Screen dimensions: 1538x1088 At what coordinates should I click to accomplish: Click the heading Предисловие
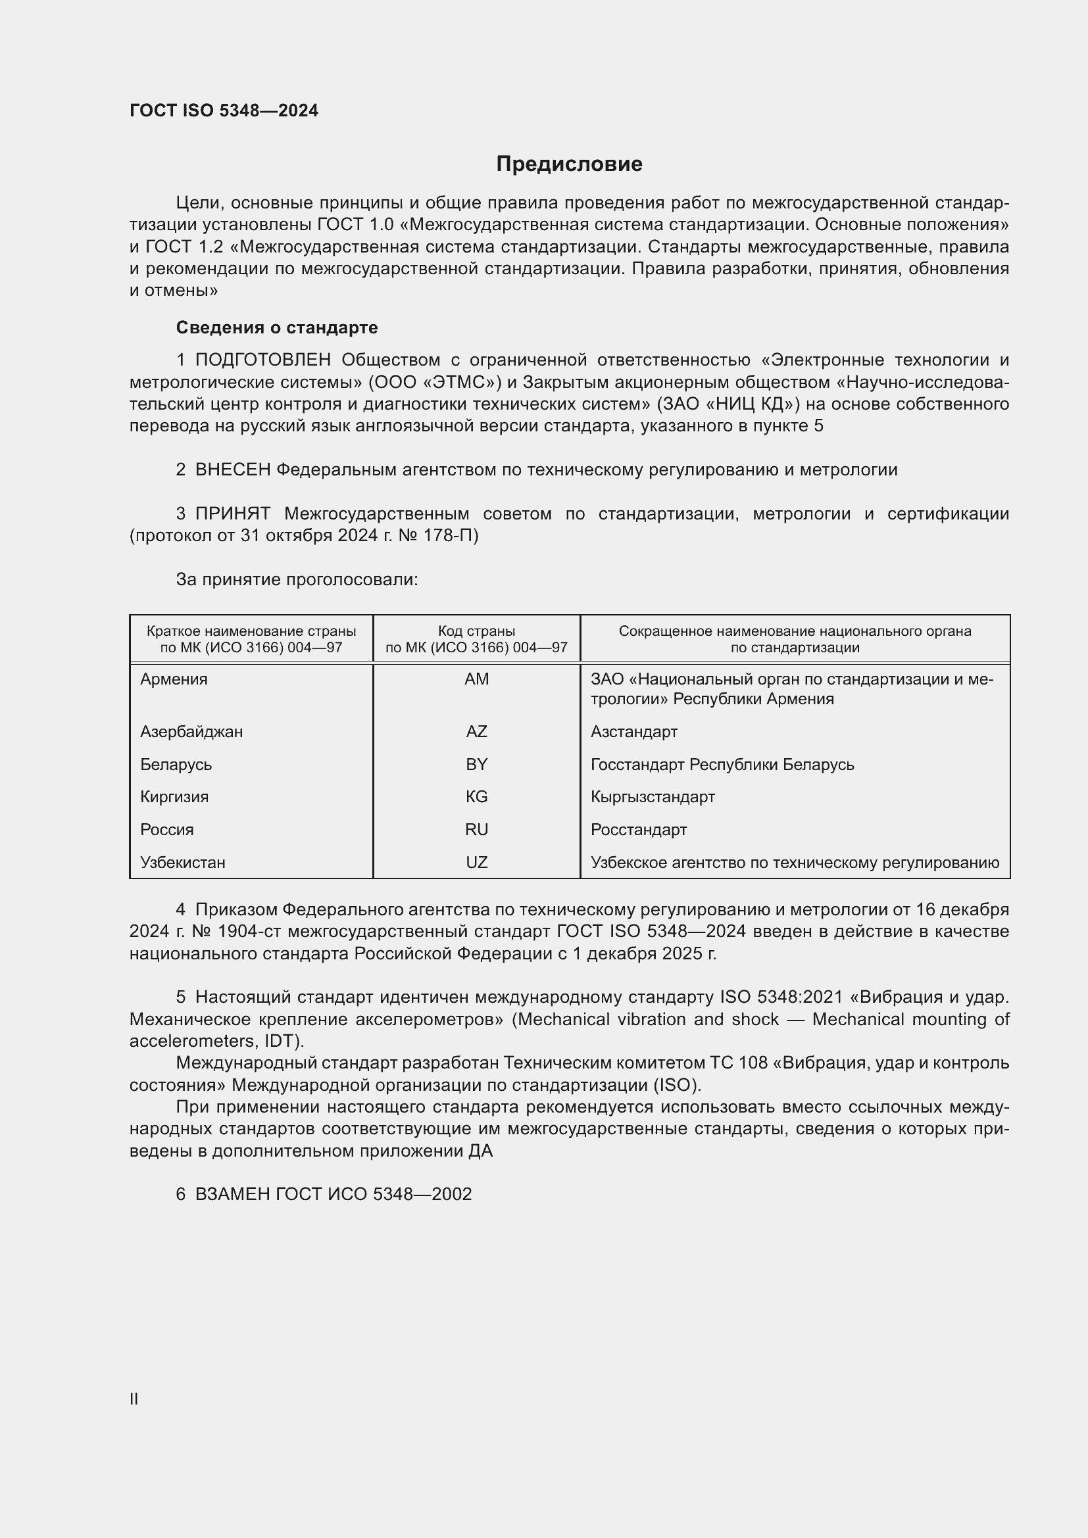(x=569, y=164)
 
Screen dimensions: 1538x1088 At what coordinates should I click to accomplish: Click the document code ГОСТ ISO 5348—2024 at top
(x=224, y=110)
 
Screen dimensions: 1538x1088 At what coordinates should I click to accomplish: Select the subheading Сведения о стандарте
(x=277, y=327)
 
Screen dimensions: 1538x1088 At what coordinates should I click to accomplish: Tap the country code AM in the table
(x=476, y=679)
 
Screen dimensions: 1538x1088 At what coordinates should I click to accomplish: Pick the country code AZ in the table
(x=476, y=731)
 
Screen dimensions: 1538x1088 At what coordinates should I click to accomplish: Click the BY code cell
(x=476, y=764)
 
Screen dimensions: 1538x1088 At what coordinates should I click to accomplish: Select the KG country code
(x=476, y=797)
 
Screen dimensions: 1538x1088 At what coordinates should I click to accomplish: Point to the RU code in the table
(x=476, y=830)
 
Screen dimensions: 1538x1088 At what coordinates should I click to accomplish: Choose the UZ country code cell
(x=476, y=863)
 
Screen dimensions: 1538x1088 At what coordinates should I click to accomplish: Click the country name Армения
(x=174, y=679)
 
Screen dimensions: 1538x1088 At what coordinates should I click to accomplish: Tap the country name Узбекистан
(x=182, y=863)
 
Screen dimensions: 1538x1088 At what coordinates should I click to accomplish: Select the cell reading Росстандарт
(x=639, y=830)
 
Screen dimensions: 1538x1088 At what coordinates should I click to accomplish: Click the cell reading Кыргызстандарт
(x=653, y=797)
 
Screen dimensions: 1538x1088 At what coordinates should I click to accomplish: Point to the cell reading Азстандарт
(x=633, y=731)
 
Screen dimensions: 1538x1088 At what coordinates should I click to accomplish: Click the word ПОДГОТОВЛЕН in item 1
(x=262, y=360)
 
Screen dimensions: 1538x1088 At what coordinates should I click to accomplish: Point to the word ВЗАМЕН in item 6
(x=232, y=1194)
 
